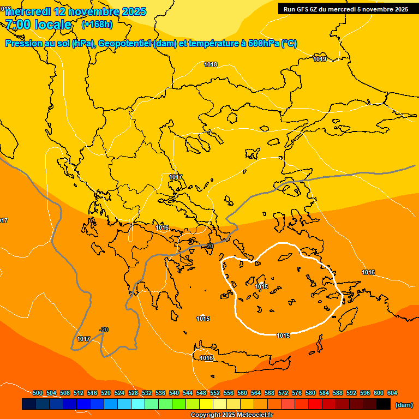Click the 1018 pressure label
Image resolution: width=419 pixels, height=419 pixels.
(x=211, y=65)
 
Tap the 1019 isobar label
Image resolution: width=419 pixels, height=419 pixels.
(x=320, y=59)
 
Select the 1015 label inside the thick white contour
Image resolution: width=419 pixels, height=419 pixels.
(x=261, y=286)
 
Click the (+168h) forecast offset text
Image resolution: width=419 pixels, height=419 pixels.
(x=97, y=25)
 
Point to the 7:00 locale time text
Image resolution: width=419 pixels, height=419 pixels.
(x=39, y=25)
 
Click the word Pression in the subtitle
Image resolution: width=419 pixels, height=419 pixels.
(x=23, y=44)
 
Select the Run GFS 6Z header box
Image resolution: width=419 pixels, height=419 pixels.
(x=346, y=9)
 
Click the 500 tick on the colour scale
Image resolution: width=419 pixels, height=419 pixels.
(x=38, y=393)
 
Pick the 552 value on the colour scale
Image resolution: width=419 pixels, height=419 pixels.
(x=215, y=393)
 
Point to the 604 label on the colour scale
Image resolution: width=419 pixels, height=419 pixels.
(x=392, y=393)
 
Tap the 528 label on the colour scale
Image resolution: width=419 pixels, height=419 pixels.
(x=133, y=393)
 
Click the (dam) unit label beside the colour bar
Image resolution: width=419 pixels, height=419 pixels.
(x=404, y=405)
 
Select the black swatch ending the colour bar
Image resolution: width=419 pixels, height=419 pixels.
(x=383, y=404)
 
